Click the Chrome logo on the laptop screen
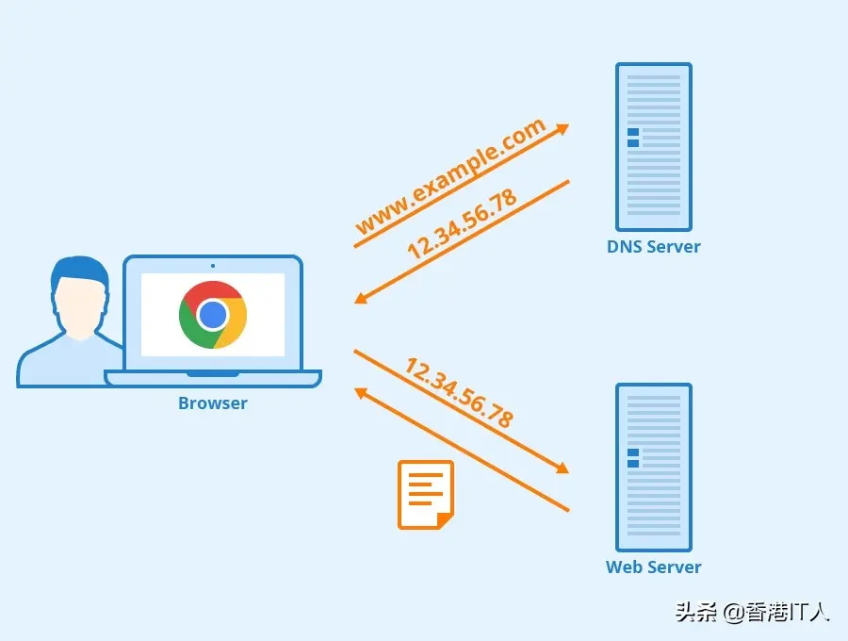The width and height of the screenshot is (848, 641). coord(213,315)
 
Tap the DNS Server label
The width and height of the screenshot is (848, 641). coord(654,247)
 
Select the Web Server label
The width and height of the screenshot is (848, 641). coord(654,567)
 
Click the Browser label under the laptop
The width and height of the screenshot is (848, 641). coord(213,403)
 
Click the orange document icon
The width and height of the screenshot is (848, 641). coord(425,494)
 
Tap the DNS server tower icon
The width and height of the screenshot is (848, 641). coord(654,147)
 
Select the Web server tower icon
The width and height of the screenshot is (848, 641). coord(654,468)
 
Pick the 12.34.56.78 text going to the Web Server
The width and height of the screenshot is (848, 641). coord(459,393)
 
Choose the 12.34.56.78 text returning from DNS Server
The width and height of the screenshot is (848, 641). coord(462,224)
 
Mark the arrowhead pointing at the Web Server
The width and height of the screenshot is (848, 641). coord(563,468)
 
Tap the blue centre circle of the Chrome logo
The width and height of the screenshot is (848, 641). coord(213,314)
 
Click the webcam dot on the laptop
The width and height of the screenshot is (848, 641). coord(213,266)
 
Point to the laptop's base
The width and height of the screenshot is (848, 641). coord(213,378)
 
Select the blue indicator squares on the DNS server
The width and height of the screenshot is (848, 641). coord(633,138)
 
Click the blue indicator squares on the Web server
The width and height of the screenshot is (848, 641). coord(633,458)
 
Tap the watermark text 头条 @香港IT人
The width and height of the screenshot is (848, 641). coord(752,612)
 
